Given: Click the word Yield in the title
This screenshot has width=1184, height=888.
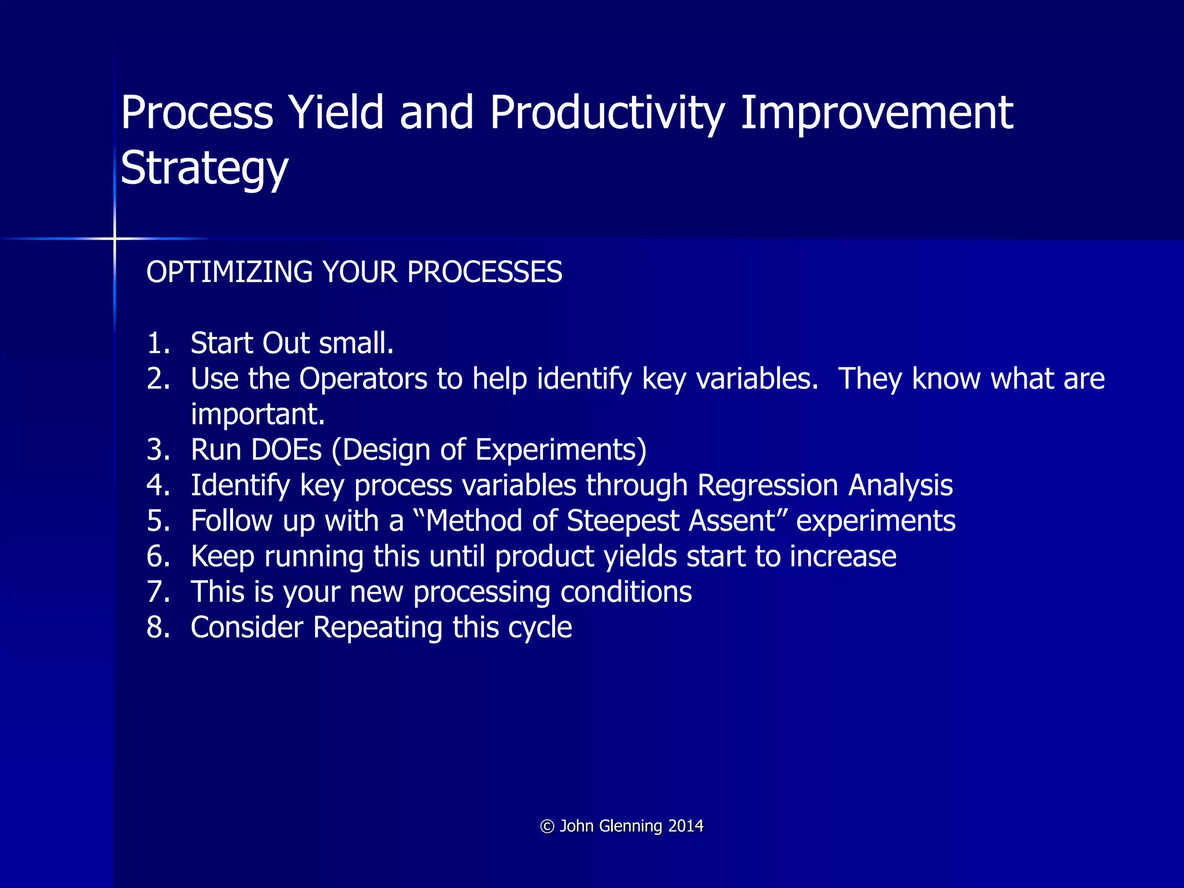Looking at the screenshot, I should [336, 113].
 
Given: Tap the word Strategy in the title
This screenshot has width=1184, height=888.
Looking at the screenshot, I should [204, 168].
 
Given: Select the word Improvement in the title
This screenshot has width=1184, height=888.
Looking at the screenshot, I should [876, 113].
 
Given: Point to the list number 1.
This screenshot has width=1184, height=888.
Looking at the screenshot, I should [158, 343].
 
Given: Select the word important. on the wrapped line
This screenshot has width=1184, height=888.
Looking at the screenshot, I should [258, 415].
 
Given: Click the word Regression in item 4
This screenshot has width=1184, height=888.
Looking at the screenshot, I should [768, 486].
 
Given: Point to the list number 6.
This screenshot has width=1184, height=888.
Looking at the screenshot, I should [158, 557].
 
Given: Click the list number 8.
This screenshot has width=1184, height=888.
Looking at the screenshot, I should [158, 628].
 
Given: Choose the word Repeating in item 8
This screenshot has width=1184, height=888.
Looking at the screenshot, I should [378, 628].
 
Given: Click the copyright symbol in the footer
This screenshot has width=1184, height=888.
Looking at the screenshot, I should [547, 827].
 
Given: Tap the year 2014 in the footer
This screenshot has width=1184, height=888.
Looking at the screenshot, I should [686, 826].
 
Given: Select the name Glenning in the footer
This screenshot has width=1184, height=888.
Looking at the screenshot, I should [630, 826].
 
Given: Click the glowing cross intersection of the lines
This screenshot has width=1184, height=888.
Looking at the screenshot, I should [114, 238].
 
